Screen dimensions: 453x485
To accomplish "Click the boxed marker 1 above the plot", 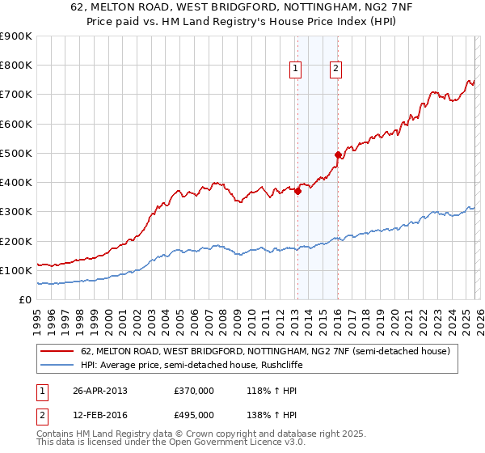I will pos(296,70).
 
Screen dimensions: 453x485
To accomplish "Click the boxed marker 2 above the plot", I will pos(335,70).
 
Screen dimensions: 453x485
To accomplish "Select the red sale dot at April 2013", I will pos(297,192).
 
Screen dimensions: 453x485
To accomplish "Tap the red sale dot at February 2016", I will pos(338,155).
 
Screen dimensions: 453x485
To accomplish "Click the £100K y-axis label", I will pos(16,270).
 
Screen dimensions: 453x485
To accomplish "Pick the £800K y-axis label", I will pos(16,65).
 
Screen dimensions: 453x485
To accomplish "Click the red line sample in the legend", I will pos(57,352).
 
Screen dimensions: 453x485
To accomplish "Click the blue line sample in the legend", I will pos(57,365).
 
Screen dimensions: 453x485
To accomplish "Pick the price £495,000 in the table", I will pos(194,415).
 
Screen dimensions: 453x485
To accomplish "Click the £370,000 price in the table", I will pos(194,391).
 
